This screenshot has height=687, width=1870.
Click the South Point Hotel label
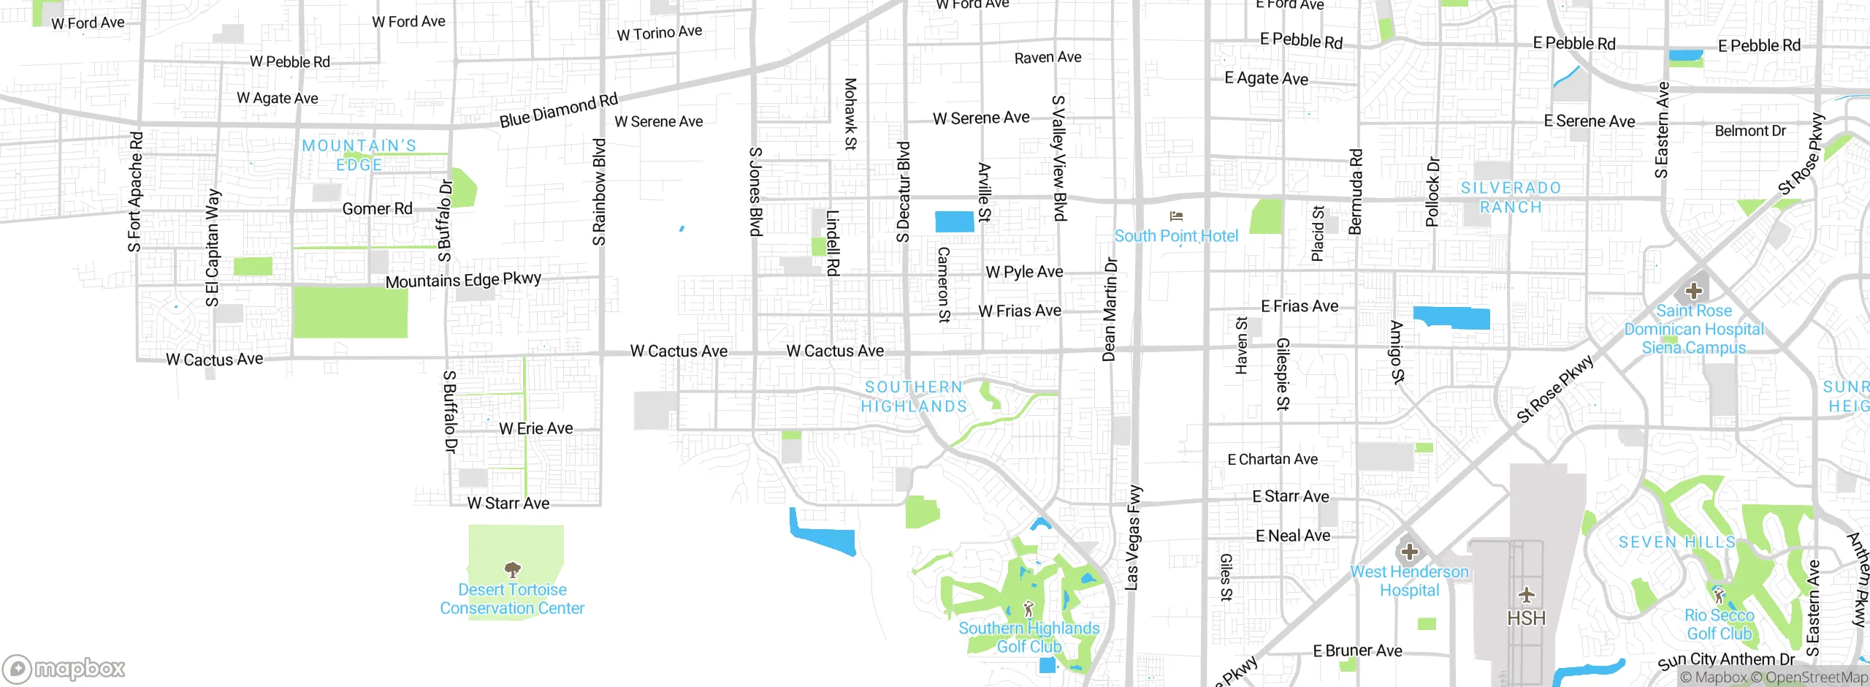coord(1176,236)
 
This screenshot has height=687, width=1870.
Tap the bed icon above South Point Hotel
coord(1176,216)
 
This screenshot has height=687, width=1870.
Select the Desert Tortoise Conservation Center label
coord(512,599)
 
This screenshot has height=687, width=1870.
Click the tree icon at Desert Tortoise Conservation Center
coord(513,569)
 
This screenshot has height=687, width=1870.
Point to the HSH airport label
coord(1526,618)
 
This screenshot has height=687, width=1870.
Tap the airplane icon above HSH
coord(1526,595)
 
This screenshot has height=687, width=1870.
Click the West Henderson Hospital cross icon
coord(1410,551)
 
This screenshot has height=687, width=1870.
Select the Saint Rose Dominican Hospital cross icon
coord(1694,291)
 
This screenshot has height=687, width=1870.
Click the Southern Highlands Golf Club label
coord(1028,637)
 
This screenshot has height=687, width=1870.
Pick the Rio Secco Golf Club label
coord(1719,624)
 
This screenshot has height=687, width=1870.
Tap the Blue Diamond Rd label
coord(559,110)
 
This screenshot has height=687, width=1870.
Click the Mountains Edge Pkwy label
coord(463,280)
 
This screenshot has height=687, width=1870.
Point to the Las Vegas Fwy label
coord(1133,537)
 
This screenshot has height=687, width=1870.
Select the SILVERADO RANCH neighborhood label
coord(1511,197)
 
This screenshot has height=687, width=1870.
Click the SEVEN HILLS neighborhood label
coord(1676,542)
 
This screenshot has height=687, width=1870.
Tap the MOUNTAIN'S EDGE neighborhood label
coord(359,155)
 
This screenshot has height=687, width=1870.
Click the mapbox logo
coord(64,668)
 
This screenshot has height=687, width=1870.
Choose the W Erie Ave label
coord(536,428)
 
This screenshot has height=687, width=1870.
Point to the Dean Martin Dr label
coord(1110,309)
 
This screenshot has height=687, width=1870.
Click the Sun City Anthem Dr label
coord(1725,661)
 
